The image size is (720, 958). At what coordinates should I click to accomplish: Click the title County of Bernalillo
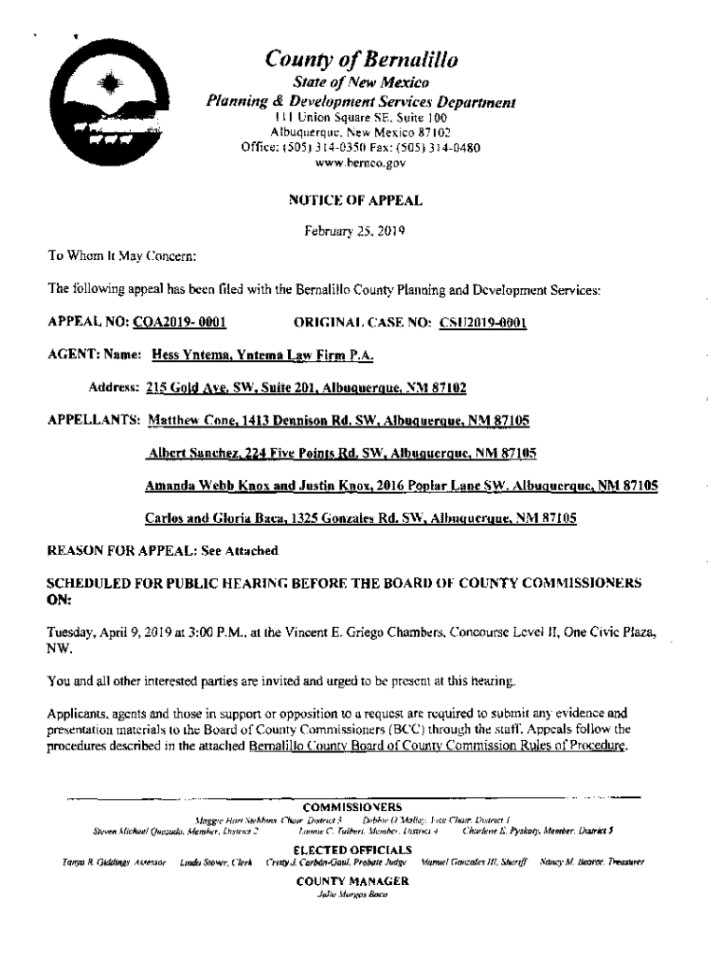click(362, 61)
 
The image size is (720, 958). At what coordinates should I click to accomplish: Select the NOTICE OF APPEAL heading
click(362, 200)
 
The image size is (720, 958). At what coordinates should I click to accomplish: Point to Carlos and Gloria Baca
click(208, 517)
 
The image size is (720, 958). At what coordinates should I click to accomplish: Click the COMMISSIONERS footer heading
click(353, 806)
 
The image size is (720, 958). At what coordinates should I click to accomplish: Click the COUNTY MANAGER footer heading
click(353, 881)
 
